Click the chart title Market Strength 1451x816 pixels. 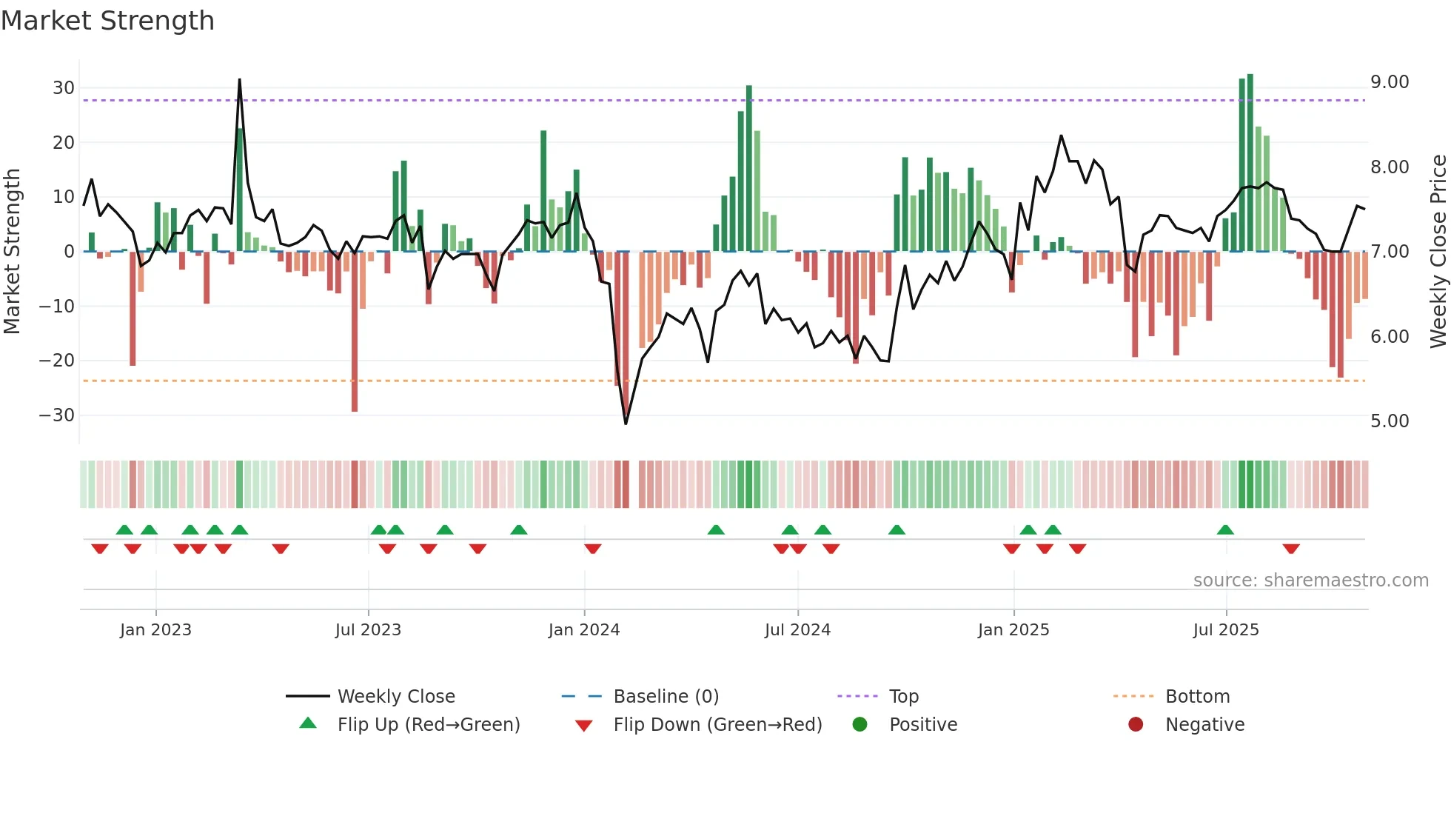coord(107,21)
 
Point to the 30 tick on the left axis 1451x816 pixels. coord(64,88)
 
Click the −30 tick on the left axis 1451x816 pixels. coord(57,415)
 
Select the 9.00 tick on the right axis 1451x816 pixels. coord(1390,82)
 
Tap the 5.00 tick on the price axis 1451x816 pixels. coord(1390,421)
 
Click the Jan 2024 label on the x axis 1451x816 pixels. coord(584,630)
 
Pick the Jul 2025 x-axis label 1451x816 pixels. coord(1226,630)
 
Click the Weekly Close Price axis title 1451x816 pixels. coord(1438,252)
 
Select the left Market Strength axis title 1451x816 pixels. coord(12,252)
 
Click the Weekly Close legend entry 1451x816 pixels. coord(396,697)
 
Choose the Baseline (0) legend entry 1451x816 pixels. coord(666,697)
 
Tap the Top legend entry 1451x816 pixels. coord(903,697)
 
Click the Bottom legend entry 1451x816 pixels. coord(1197,697)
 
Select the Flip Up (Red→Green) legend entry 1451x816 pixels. coord(428,725)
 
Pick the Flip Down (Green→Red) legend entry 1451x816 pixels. coord(717,725)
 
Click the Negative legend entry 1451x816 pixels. coord(1204,725)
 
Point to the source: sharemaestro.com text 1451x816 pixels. coord(1310,581)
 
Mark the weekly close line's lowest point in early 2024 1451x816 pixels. coord(626,424)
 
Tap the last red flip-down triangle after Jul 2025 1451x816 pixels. coord(1291,549)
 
